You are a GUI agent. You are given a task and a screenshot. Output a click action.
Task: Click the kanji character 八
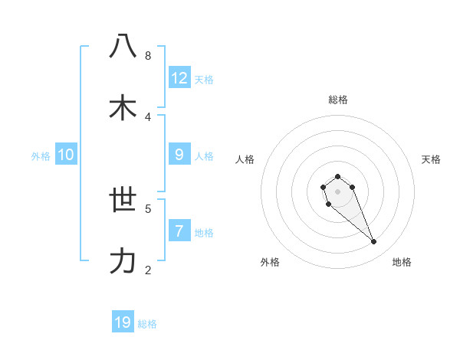coord(123,46)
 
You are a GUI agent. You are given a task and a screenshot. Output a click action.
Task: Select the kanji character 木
coord(123,106)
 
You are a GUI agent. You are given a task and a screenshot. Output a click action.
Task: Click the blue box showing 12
coord(179,78)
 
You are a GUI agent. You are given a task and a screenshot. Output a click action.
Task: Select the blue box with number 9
coord(179,155)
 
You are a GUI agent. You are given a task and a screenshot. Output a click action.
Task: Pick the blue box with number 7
coord(179,231)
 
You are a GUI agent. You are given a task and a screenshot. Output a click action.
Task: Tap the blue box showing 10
coord(66,155)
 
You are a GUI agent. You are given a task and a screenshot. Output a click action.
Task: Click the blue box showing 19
coord(123,322)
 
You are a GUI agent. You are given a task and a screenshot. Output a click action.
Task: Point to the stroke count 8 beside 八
coord(148,56)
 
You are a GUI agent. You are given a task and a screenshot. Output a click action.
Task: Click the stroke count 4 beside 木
coord(148,116)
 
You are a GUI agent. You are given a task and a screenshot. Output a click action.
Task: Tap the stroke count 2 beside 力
coord(148,270)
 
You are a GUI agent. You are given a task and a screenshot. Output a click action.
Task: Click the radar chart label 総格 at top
coord(338,100)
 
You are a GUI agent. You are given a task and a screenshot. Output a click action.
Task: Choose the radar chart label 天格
coord(431,159)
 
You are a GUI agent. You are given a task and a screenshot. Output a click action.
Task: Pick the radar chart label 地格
coord(402,262)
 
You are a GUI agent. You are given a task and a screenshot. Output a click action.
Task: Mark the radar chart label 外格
coord(270,262)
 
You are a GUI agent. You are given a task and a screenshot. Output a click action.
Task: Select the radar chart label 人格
coord(245,159)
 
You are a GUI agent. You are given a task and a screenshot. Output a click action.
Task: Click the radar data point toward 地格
coord(374,242)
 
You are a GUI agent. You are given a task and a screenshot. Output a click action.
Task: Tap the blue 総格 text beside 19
coord(147,324)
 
